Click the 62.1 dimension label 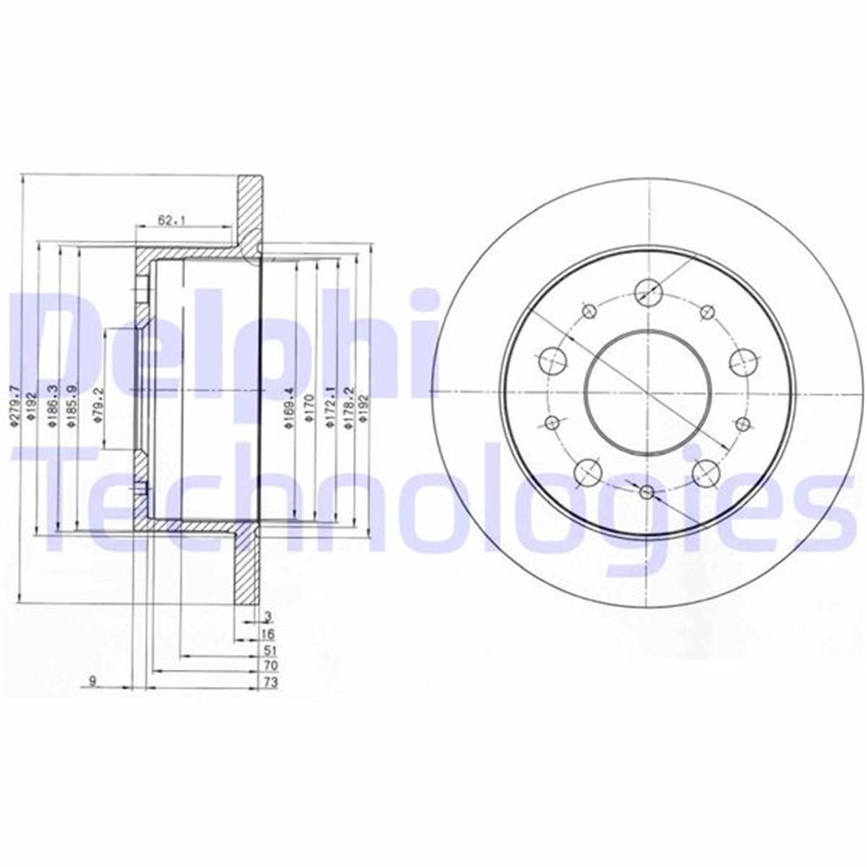[168, 220]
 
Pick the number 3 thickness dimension [267, 616]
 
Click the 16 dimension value [267, 634]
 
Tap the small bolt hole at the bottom [647, 492]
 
